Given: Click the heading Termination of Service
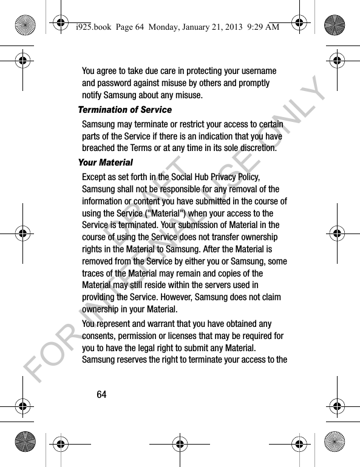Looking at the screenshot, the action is point(124,110).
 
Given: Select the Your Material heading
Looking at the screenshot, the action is point(105,163).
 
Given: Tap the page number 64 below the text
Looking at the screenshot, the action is point(101,395).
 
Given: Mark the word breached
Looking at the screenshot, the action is point(101,148).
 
